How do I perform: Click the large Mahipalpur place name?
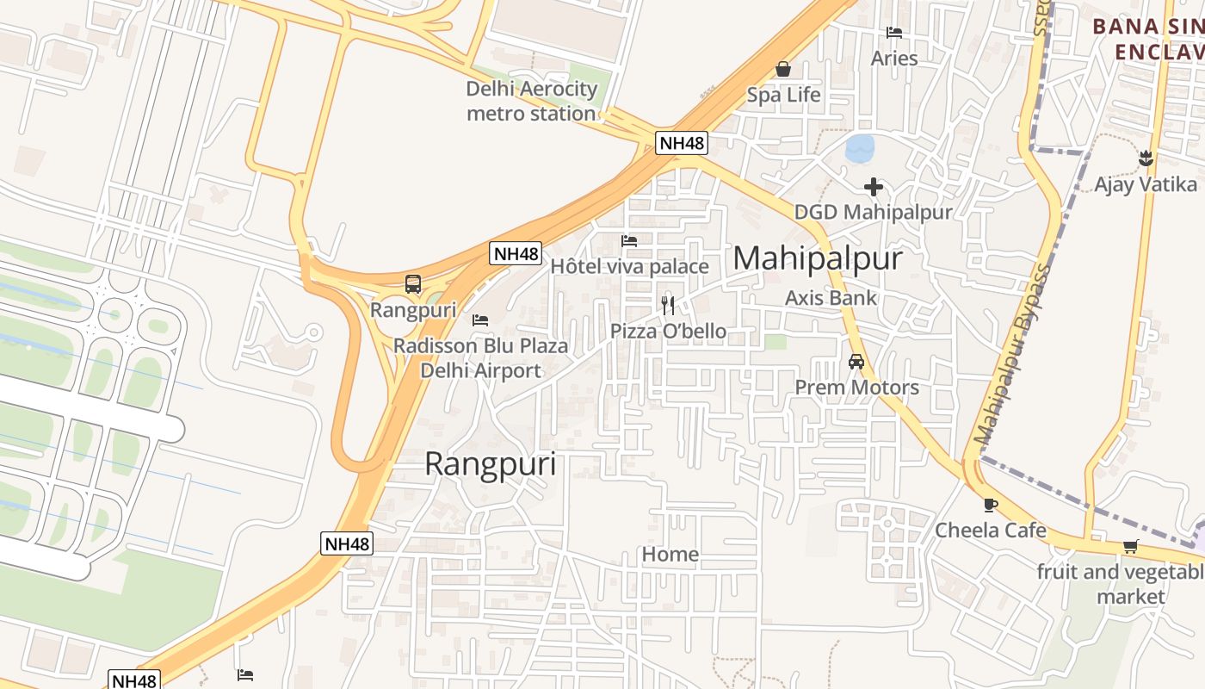coord(817,258)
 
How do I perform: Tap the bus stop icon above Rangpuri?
coord(413,283)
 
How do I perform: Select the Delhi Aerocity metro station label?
coord(531,101)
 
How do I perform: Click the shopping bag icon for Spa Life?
coord(783,69)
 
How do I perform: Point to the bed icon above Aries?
coord(894,33)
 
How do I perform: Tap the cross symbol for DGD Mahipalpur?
coord(874,186)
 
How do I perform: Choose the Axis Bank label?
coord(831,298)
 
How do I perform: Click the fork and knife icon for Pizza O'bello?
coord(668,305)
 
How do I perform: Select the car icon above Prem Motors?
coord(856,362)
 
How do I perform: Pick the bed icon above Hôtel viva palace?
coord(629,240)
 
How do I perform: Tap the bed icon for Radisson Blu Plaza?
coord(480,320)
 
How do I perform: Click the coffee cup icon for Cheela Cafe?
coord(991,505)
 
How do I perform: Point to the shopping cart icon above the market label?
coord(1130,546)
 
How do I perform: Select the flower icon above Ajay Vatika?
coord(1146,158)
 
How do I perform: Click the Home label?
coord(670,554)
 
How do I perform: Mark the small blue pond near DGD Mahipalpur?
coord(860,148)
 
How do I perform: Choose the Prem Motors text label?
coord(856,388)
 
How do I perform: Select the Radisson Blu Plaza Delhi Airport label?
coord(480,358)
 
